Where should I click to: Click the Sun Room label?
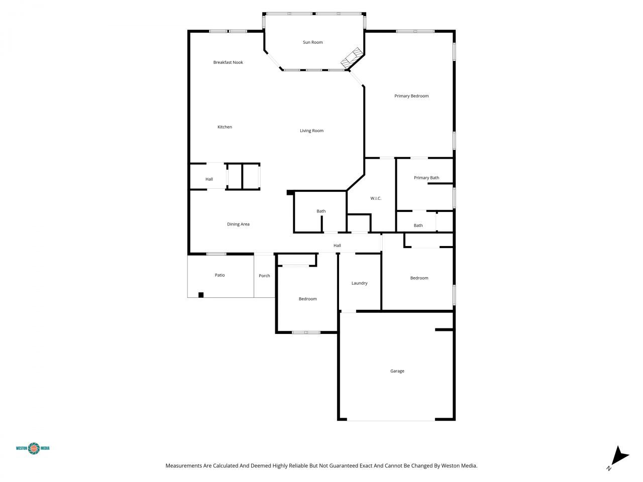click(312, 42)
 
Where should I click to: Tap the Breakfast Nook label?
click(228, 62)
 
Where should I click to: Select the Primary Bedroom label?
click(411, 96)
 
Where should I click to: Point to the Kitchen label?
click(225, 127)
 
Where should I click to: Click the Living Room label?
click(311, 131)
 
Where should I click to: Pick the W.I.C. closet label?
click(376, 198)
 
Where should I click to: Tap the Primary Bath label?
click(426, 178)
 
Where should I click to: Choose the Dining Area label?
click(238, 224)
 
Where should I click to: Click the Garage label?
click(397, 371)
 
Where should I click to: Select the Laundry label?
click(359, 283)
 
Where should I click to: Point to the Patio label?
click(220, 275)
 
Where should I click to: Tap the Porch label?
click(264, 276)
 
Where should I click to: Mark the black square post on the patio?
click(201, 295)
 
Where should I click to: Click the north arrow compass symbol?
click(620, 456)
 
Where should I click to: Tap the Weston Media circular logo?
click(34, 448)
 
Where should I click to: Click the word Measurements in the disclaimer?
click(183, 466)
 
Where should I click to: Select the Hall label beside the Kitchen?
click(209, 179)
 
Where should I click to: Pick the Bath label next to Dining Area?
click(321, 211)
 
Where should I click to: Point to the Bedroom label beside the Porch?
click(307, 299)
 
